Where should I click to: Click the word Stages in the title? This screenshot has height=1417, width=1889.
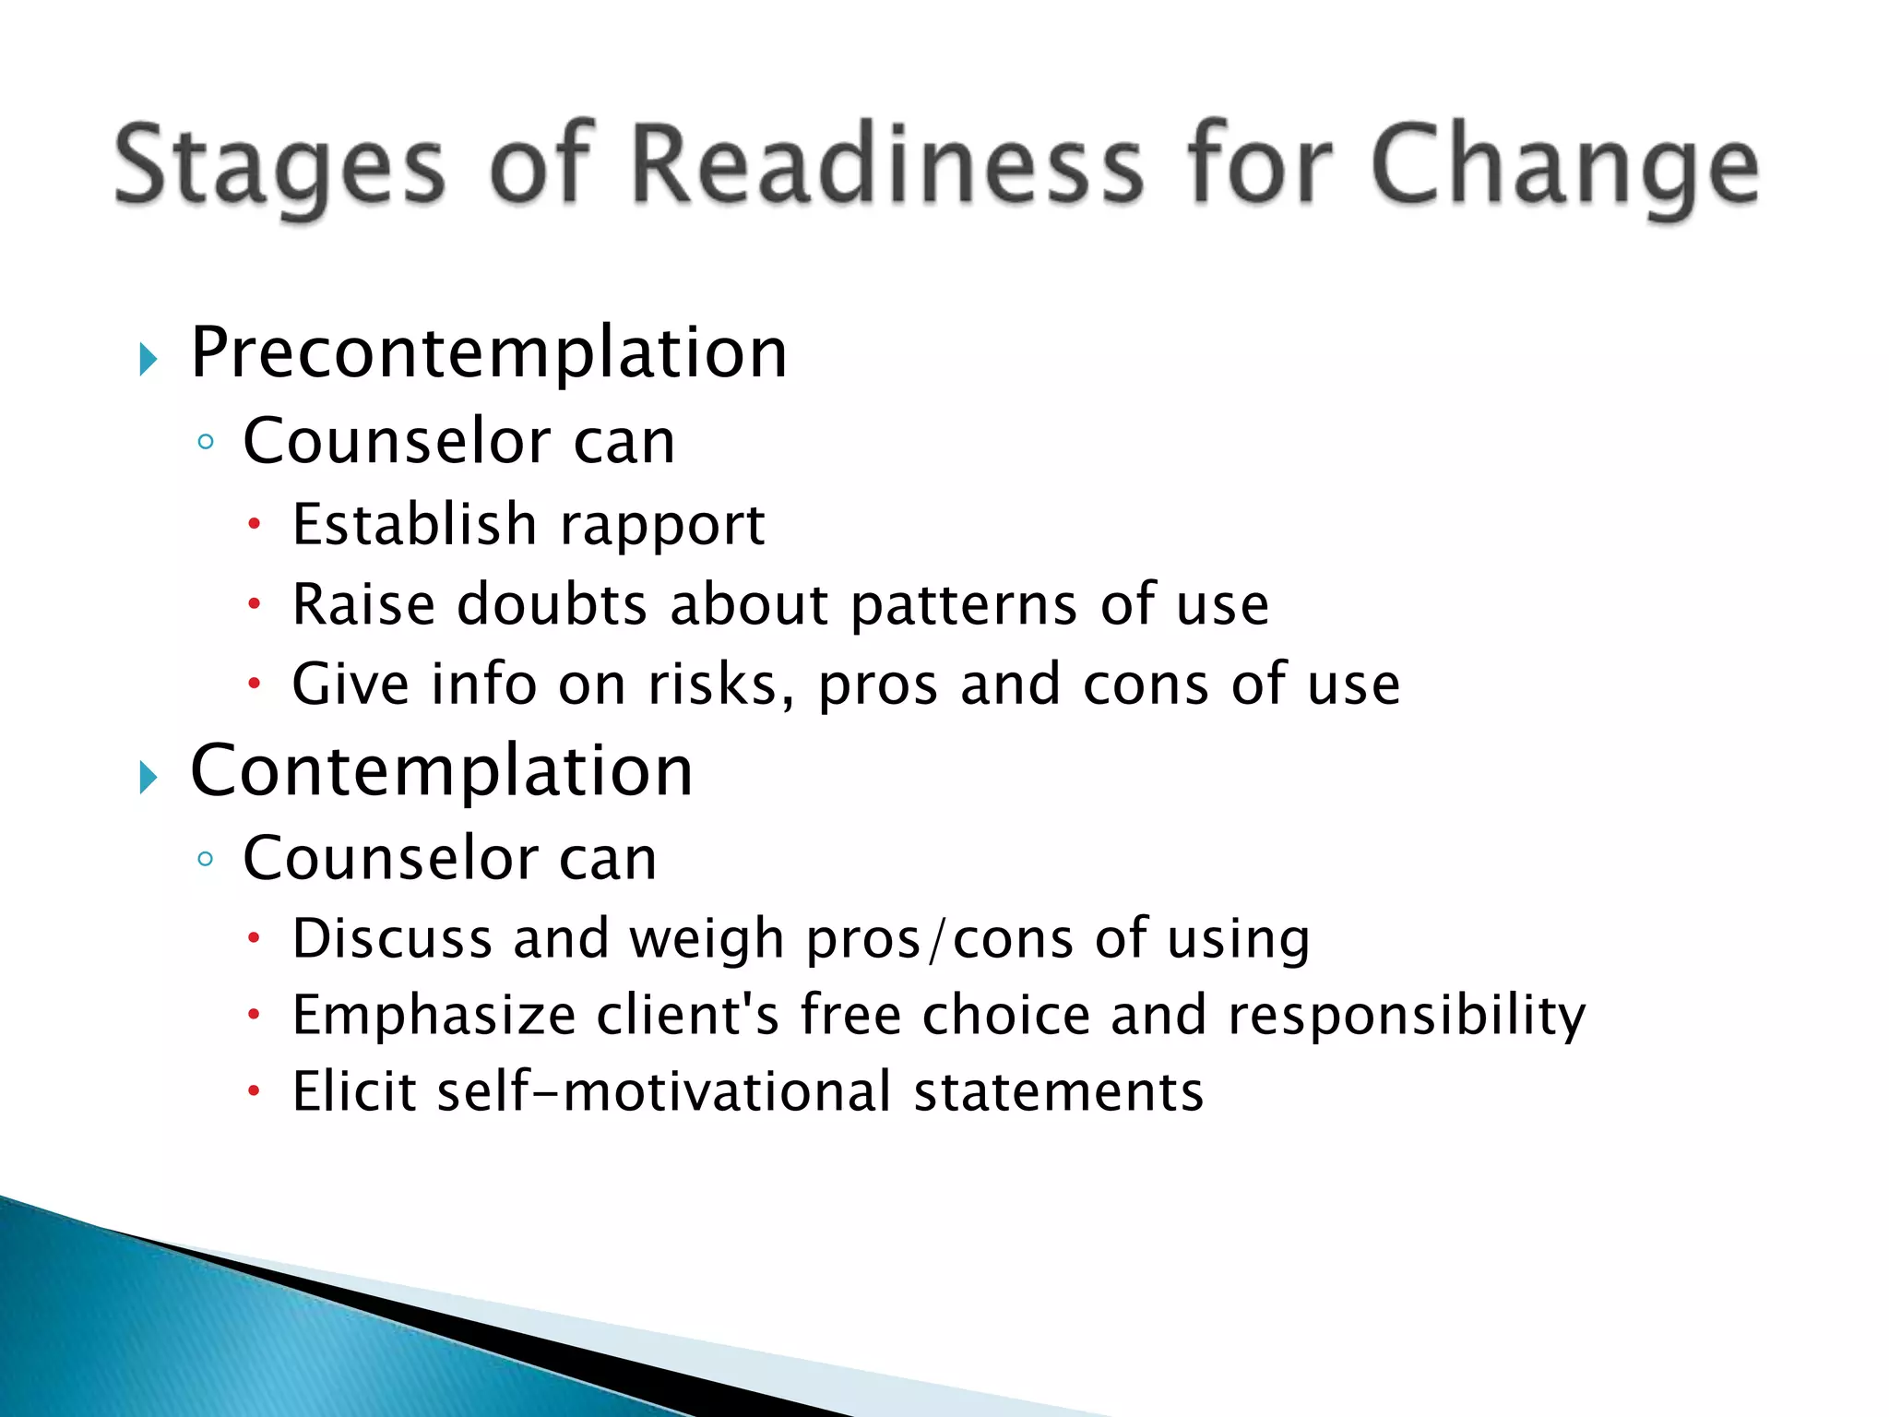[279, 166]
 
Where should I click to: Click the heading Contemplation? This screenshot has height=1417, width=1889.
[441, 771]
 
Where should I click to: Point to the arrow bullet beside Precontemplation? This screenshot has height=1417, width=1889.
[149, 359]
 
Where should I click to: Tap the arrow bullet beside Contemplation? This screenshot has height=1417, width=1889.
[149, 778]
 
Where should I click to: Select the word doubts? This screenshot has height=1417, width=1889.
[552, 605]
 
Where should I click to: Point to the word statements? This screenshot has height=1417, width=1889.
[1058, 1091]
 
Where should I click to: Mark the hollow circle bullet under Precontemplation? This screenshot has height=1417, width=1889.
[206, 443]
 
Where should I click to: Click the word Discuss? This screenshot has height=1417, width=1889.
[391, 939]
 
